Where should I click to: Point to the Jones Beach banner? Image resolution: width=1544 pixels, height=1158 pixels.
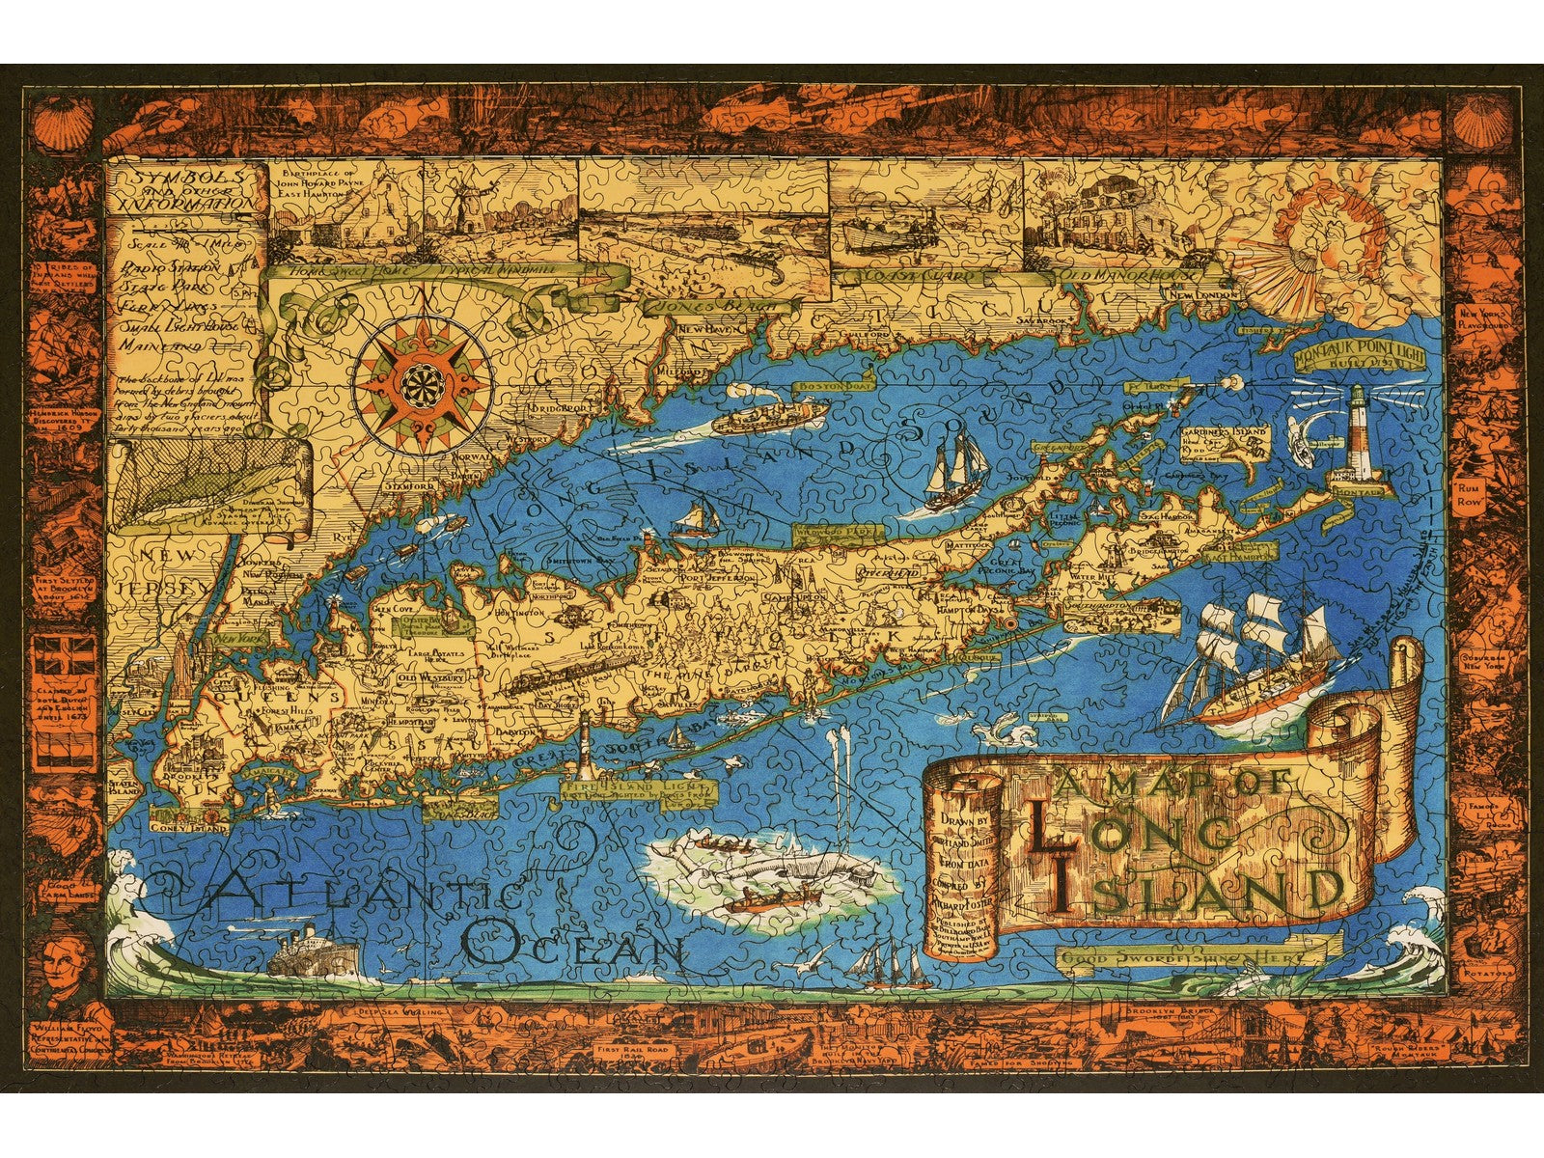714,305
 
